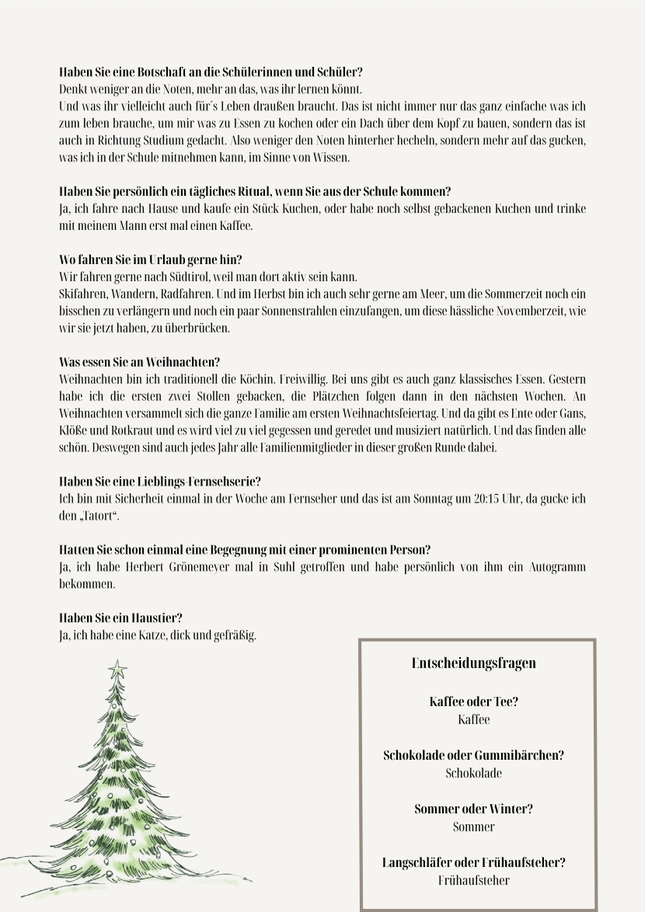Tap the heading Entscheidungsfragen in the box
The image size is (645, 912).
(x=473, y=663)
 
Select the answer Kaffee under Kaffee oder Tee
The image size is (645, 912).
(x=473, y=719)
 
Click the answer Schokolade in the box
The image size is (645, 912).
(x=473, y=773)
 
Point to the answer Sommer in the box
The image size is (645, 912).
(x=473, y=827)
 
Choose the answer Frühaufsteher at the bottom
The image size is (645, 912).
(x=473, y=880)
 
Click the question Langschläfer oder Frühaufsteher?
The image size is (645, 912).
(x=473, y=862)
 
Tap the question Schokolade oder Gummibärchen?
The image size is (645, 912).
(x=473, y=755)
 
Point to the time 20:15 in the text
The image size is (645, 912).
(x=490, y=499)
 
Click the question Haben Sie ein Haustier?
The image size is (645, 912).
(x=120, y=618)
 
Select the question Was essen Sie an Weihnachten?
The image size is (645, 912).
(x=140, y=362)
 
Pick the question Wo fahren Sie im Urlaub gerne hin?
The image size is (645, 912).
(x=156, y=259)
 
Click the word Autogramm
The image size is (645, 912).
(x=556, y=567)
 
